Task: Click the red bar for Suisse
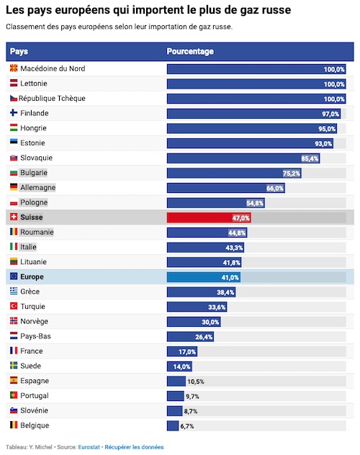pyautogui.click(x=209, y=217)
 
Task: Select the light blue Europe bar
pyautogui.click(x=204, y=277)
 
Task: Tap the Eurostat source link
pyautogui.click(x=89, y=447)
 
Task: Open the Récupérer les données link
pyautogui.click(x=134, y=447)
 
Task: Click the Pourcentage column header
pyautogui.click(x=190, y=51)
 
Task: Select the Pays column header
pyautogui.click(x=19, y=51)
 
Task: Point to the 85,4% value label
pyautogui.click(x=310, y=158)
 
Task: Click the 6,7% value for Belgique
pyautogui.click(x=186, y=426)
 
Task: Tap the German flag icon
pyautogui.click(x=14, y=187)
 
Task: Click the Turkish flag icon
pyautogui.click(x=14, y=306)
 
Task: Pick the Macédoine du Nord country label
pyautogui.click(x=53, y=68)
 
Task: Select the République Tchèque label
pyautogui.click(x=53, y=99)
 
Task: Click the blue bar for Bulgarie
pyautogui.click(x=234, y=174)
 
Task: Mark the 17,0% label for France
pyautogui.click(x=187, y=352)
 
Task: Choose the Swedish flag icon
pyautogui.click(x=14, y=365)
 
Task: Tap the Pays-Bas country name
pyautogui.click(x=35, y=336)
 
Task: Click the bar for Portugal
pyautogui.click(x=175, y=396)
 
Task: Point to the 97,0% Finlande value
pyautogui.click(x=330, y=114)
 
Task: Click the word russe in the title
pyautogui.click(x=276, y=10)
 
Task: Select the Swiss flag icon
pyautogui.click(x=14, y=217)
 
